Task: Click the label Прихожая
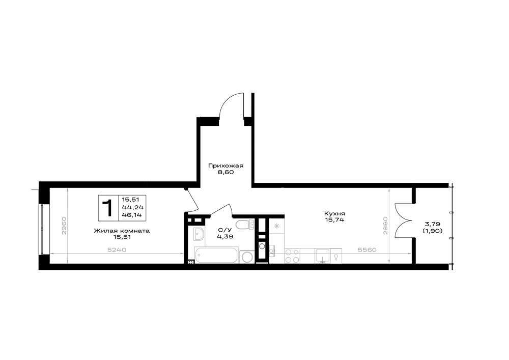(225, 165)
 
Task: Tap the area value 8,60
(226, 173)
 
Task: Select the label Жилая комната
(122, 231)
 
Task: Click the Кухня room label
(334, 213)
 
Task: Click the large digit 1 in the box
(107, 208)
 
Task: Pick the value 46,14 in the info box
(132, 214)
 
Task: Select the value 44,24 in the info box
(132, 207)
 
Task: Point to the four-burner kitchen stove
(292, 256)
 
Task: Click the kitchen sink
(322, 256)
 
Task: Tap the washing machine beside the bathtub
(247, 257)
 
